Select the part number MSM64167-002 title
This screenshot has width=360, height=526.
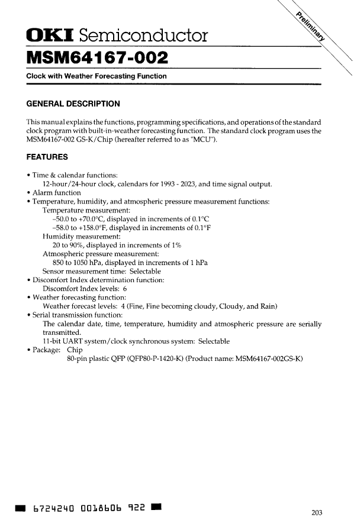tap(97, 58)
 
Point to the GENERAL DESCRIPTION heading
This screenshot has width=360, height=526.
tap(73, 104)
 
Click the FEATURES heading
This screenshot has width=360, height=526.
tap(47, 157)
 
